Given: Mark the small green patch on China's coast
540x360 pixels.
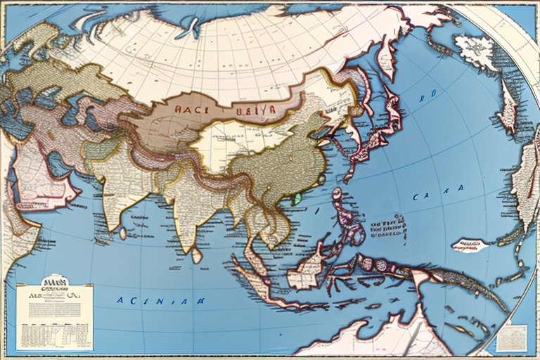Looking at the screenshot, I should coord(297,198).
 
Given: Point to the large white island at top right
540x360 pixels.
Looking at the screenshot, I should coord(479,52).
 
